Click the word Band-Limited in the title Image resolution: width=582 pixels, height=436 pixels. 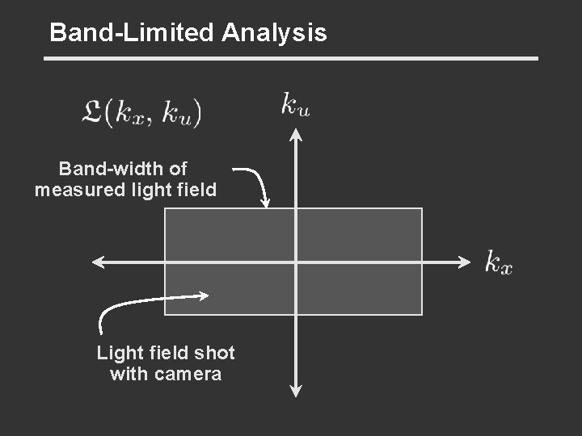[x=132, y=33]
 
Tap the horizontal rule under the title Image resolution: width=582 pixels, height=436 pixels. [x=290, y=58]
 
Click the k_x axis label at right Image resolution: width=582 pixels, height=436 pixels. [x=498, y=262]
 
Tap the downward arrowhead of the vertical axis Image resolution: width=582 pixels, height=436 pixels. [x=296, y=391]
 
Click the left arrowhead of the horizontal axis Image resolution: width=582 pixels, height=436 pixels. [x=97, y=262]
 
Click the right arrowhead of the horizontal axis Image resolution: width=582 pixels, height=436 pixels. [x=464, y=262]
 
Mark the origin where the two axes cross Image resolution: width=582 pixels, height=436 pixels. [x=296, y=262]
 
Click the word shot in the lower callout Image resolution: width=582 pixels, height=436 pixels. [x=215, y=353]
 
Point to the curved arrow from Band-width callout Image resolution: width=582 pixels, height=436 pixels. [x=256, y=182]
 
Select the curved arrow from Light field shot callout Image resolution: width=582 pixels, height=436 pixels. [x=137, y=304]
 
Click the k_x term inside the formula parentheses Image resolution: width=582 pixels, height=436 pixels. [x=133, y=113]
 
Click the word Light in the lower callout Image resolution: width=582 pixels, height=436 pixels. [x=115, y=353]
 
